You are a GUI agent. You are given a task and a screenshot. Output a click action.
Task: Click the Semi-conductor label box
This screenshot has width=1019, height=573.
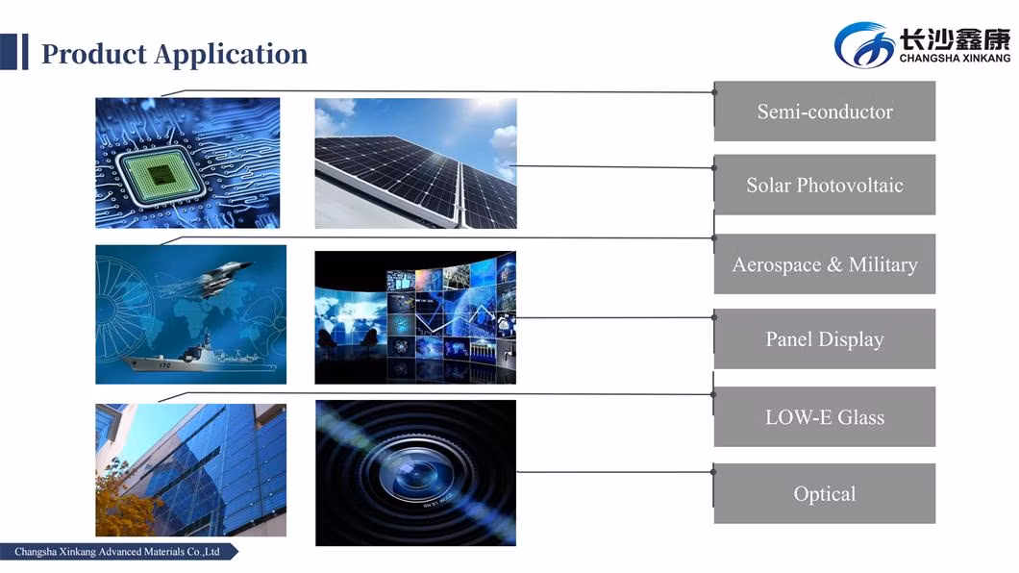(824, 112)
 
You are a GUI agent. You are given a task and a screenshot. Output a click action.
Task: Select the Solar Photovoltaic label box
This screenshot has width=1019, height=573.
(824, 185)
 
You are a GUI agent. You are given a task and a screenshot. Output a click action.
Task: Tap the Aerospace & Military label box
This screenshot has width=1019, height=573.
(824, 263)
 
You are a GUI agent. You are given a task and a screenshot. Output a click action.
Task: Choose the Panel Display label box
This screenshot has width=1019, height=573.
(824, 338)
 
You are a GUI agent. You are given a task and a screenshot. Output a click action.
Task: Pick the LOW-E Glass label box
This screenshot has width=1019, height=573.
(824, 416)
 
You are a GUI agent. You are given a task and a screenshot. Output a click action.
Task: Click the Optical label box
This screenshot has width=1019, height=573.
(824, 493)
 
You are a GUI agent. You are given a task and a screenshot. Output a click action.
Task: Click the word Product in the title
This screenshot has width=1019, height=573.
(94, 54)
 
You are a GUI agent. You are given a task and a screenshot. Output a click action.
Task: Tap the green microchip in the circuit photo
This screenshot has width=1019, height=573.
(158, 174)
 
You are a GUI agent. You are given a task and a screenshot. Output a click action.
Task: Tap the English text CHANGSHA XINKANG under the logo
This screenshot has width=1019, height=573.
(955, 58)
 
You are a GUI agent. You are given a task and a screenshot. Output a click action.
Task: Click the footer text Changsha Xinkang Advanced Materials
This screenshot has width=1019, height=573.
(117, 552)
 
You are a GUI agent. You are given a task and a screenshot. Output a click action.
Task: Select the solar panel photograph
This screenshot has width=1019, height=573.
(416, 163)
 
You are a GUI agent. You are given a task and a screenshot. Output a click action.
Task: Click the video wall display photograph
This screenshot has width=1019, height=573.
(415, 317)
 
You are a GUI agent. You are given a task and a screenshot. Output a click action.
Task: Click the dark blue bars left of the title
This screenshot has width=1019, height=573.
(14, 51)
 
